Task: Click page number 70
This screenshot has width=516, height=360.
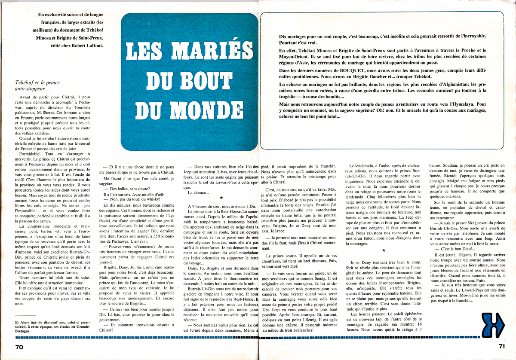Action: [19, 346]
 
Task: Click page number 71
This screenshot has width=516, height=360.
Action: [498, 346]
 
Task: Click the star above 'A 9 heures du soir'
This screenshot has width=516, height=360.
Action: [221, 198]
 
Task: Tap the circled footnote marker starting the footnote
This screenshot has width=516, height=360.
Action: [16, 319]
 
